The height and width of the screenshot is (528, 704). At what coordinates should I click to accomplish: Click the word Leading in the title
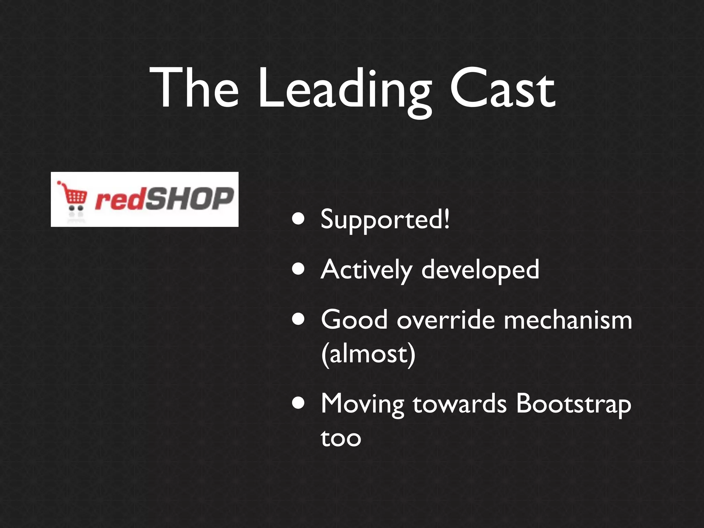coord(345,90)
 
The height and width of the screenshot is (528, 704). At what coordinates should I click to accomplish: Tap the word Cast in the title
coord(503,89)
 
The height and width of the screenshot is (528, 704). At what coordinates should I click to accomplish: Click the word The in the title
coord(194,89)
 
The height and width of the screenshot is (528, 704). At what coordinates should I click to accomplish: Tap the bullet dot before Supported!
coord(298,219)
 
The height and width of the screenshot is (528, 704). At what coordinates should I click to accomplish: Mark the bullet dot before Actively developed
coord(298,269)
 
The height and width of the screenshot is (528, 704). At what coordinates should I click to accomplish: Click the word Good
coord(354,320)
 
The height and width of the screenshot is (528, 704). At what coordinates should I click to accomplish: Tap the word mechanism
coord(568,320)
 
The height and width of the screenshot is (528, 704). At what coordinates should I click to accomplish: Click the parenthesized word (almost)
coord(368,354)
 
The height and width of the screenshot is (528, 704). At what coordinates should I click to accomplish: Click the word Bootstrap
coord(573,405)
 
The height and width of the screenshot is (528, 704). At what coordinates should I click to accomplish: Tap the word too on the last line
coord(341,438)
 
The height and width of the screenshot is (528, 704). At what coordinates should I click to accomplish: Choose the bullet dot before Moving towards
coord(298,403)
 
